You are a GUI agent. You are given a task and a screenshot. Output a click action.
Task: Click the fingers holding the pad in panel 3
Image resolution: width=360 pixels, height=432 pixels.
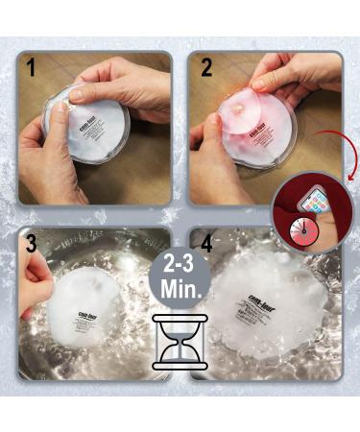(x=36, y=286)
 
